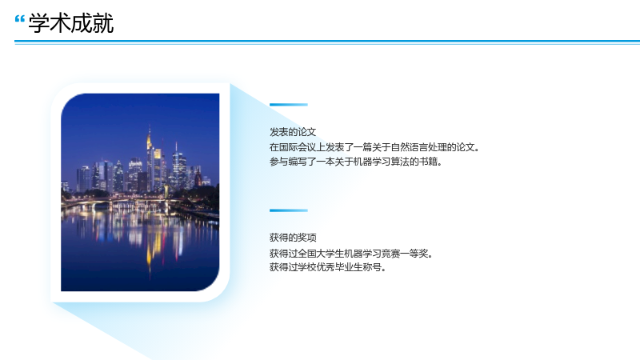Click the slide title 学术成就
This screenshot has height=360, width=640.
pyautogui.click(x=71, y=23)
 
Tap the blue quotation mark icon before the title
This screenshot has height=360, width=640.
pyautogui.click(x=19, y=19)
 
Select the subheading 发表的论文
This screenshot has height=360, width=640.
pyautogui.click(x=293, y=132)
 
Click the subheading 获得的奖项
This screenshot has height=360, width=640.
pyautogui.click(x=293, y=238)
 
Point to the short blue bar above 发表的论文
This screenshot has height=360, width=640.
pyautogui.click(x=289, y=105)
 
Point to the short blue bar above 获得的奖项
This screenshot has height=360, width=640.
pyautogui.click(x=289, y=210)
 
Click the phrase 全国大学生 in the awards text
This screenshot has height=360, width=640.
pyautogui.click(x=311, y=254)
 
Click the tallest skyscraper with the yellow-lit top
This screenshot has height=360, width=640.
pyautogui.click(x=150, y=159)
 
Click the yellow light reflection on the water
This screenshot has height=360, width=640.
pyautogui.click(x=150, y=245)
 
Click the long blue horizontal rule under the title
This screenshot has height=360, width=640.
pyautogui.click(x=327, y=42)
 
